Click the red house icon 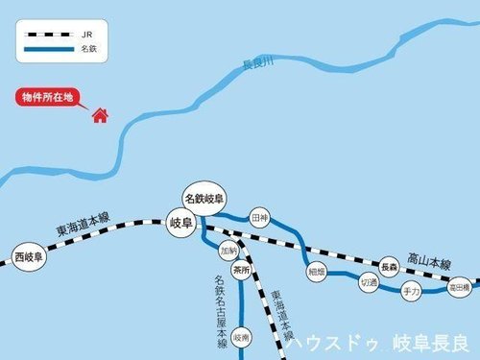(98, 116)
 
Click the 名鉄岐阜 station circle (205, 198)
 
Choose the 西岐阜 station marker (30, 256)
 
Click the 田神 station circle (258, 218)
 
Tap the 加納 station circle (228, 250)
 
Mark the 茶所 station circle (241, 271)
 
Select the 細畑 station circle (317, 272)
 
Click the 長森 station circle (389, 266)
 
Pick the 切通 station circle (369, 283)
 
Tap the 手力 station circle (412, 290)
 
